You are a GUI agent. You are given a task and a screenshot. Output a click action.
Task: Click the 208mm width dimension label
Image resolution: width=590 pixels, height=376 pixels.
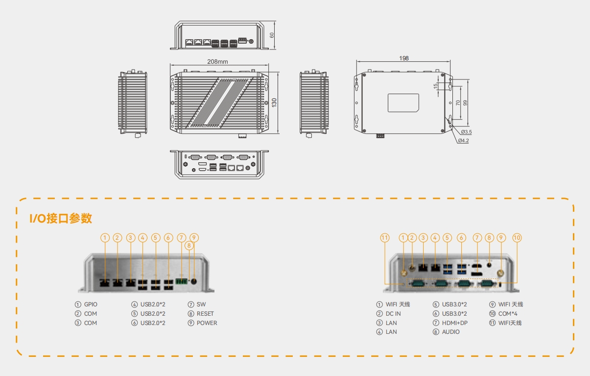217,61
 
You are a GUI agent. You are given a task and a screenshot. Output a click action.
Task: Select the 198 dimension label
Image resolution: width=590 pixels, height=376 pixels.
404,58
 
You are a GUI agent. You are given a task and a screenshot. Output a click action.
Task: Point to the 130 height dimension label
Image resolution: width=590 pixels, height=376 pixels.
274,102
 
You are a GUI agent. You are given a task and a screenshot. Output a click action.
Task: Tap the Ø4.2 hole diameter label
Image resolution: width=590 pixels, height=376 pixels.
463,141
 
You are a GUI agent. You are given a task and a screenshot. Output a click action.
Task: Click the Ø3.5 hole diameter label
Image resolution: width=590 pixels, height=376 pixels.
466,132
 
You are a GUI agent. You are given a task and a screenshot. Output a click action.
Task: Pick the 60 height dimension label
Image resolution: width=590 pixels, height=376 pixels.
272,35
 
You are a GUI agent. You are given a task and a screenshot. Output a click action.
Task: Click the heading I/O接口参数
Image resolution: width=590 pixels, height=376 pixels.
61,218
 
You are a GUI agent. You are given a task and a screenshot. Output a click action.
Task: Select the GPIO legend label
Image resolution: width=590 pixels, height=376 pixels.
91,304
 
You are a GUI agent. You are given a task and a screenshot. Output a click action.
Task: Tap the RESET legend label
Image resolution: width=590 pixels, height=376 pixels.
205,314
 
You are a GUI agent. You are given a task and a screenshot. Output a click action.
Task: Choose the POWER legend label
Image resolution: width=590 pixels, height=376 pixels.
207,323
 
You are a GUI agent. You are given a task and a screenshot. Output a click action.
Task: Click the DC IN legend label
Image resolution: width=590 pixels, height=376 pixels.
393,314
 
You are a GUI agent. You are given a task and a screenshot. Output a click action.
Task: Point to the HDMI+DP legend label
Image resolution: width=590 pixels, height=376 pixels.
455,323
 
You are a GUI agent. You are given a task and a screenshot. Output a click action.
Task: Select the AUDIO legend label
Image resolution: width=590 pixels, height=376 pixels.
450,332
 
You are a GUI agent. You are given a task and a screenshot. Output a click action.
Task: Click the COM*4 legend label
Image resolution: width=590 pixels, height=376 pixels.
508,314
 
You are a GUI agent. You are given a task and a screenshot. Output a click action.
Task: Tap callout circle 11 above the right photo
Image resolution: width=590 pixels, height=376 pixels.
385,238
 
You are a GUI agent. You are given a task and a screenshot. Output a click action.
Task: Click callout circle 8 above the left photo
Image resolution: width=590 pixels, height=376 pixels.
189,246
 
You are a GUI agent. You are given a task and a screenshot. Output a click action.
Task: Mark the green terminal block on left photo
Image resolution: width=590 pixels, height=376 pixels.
181,281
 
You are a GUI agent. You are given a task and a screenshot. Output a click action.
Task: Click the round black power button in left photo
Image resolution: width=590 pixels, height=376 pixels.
193,281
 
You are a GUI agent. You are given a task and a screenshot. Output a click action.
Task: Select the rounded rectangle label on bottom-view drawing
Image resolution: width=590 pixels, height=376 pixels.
403,103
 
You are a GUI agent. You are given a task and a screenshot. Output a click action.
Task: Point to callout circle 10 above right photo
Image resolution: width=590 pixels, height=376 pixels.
517,238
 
